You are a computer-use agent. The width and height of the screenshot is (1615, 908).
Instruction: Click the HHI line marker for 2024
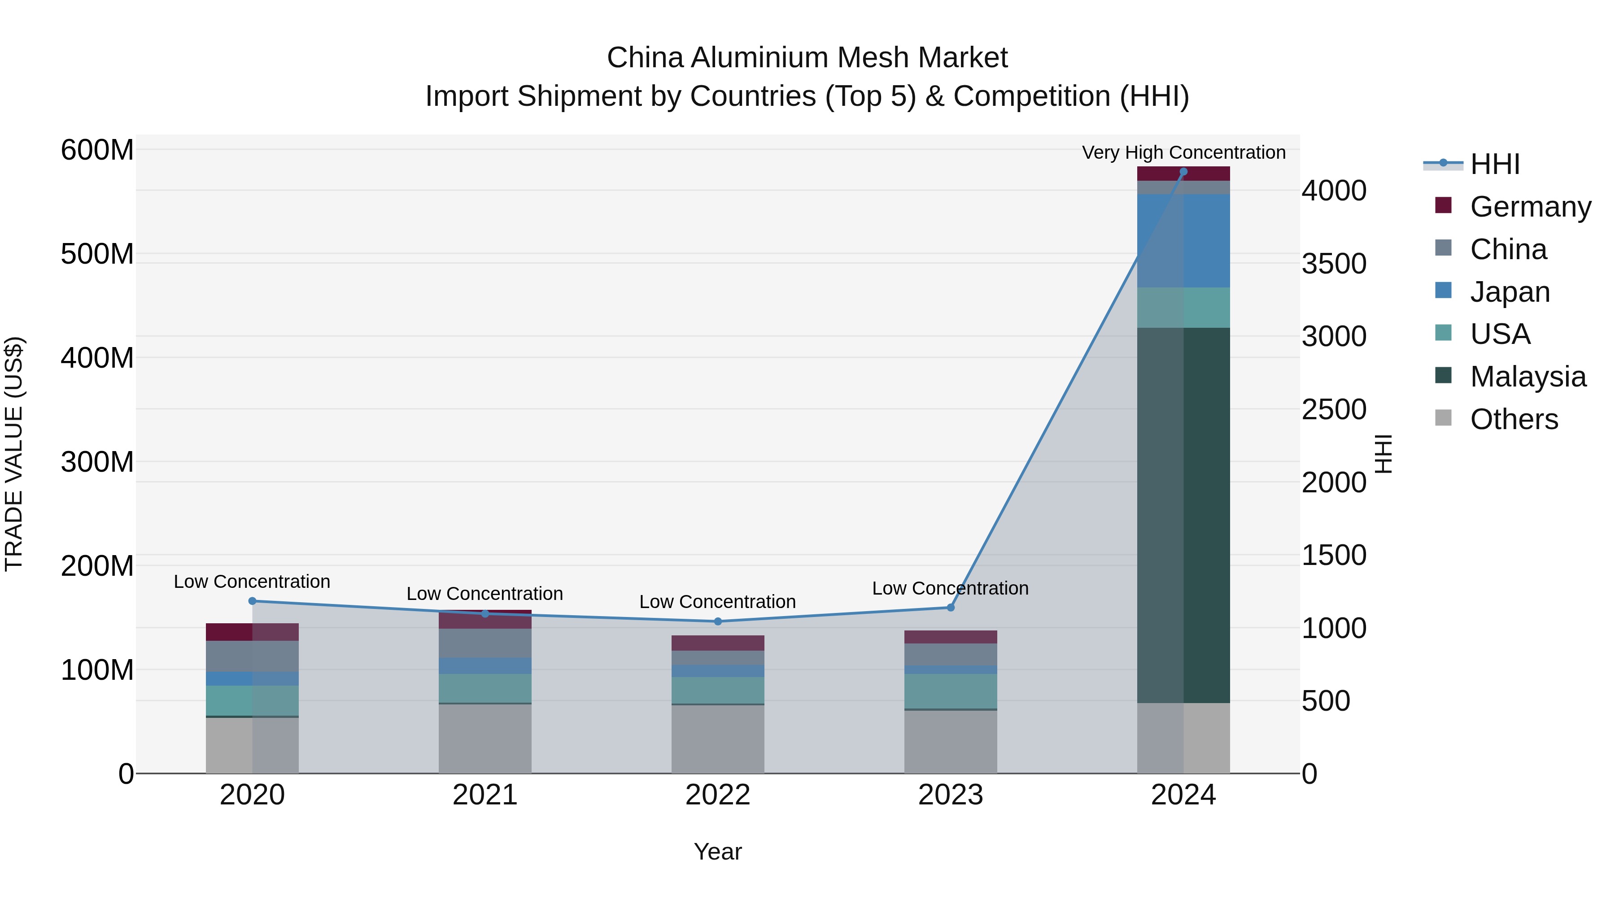click(x=1183, y=172)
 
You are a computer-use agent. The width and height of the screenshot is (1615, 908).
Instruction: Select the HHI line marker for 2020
click(x=252, y=601)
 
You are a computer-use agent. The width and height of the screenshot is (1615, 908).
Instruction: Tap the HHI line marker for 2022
click(x=718, y=621)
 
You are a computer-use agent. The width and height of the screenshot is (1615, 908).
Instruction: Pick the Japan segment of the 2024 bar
click(x=1183, y=241)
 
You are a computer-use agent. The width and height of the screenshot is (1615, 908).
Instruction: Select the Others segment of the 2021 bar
click(x=484, y=738)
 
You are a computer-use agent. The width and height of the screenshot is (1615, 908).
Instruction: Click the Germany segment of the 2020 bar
click(x=252, y=632)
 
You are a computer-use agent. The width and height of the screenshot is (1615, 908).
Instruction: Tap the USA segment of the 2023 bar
click(x=951, y=691)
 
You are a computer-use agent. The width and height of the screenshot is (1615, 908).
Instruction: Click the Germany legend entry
click(x=1530, y=207)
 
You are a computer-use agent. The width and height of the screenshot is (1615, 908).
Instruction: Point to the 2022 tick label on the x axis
click(x=718, y=795)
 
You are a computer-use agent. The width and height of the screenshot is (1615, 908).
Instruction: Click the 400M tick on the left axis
click(x=97, y=358)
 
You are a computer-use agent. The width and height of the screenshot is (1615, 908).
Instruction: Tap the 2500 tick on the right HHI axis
click(x=1334, y=410)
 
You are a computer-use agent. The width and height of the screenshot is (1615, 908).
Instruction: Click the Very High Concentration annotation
click(x=1183, y=152)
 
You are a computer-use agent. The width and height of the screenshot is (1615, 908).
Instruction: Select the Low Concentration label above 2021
click(x=484, y=593)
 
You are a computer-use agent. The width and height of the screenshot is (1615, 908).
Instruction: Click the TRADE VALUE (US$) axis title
click(x=14, y=454)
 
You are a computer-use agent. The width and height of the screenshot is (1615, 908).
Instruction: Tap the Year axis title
click(x=718, y=852)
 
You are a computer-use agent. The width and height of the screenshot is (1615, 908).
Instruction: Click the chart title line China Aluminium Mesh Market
click(x=807, y=58)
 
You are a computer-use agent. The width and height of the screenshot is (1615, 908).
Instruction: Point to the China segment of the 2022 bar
click(x=718, y=658)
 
